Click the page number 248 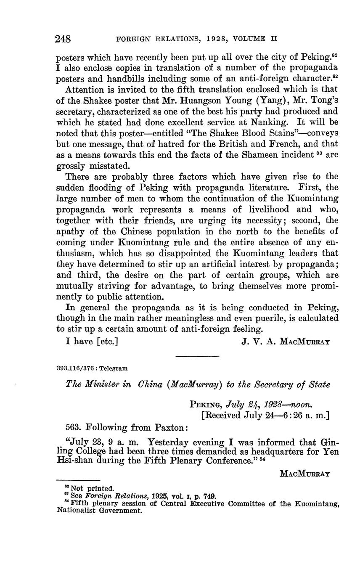pos(63,39)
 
